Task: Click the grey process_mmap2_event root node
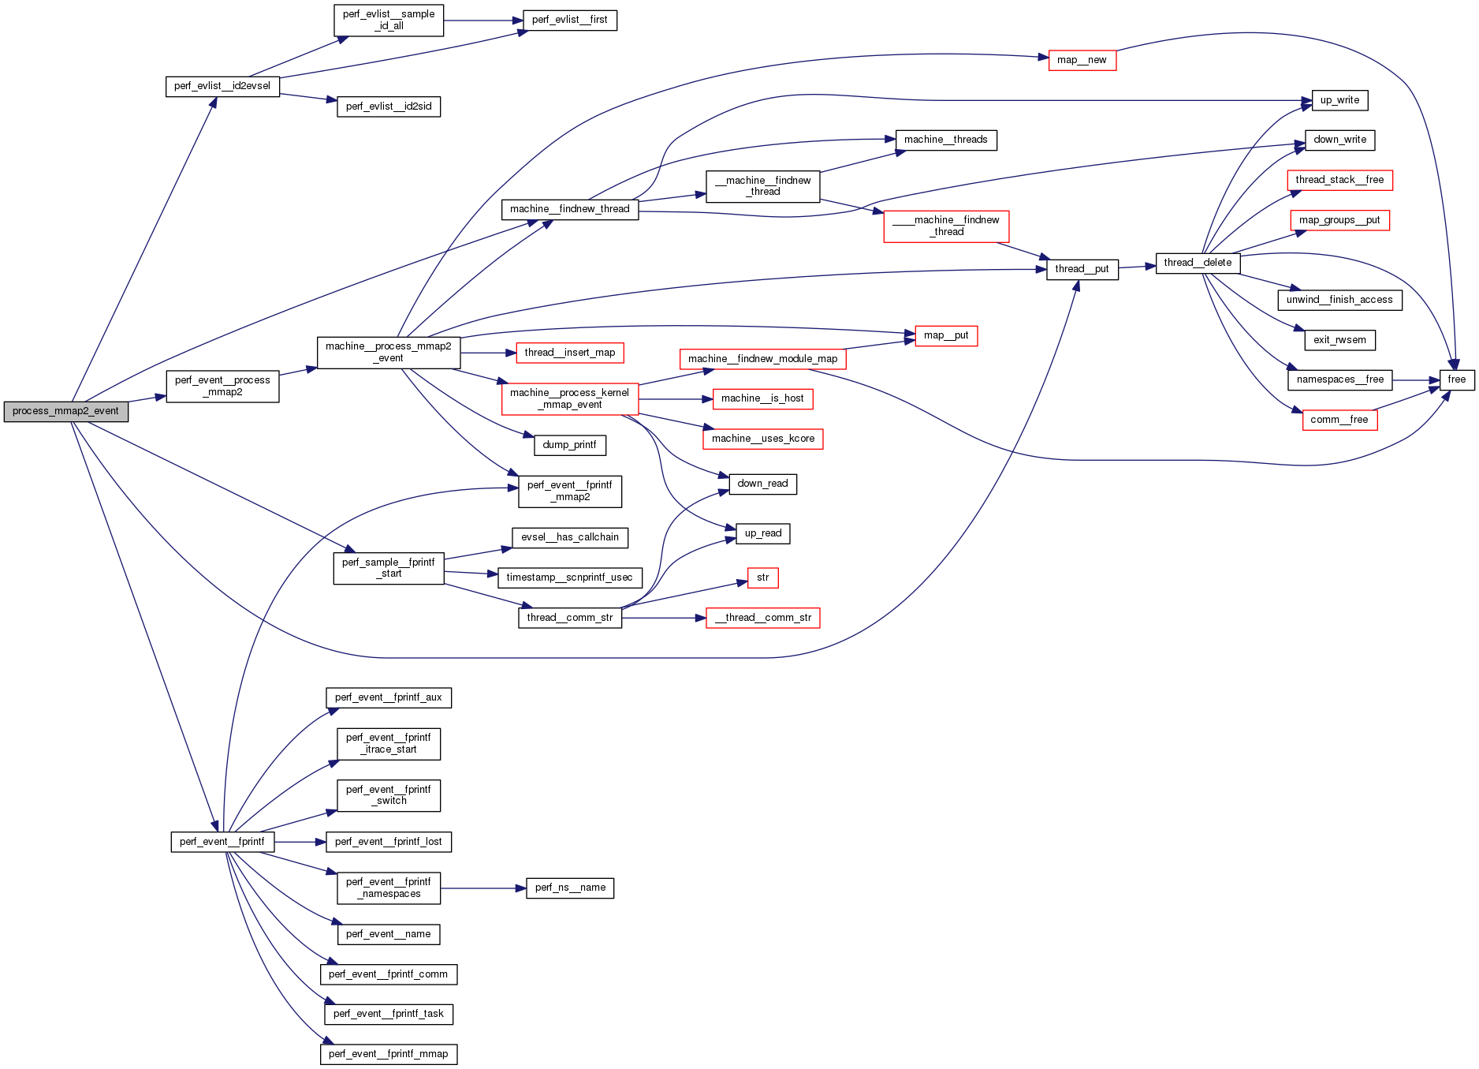[65, 411]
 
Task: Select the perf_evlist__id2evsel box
[222, 86]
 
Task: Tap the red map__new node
[1082, 60]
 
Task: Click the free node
[1456, 380]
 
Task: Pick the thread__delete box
[1198, 263]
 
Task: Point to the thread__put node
[1082, 269]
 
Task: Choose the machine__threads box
[945, 140]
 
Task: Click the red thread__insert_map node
[569, 353]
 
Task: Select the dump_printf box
[569, 445]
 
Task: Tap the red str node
[762, 577]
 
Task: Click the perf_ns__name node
[569, 888]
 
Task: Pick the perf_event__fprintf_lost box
[388, 842]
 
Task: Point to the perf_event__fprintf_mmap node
[388, 1054]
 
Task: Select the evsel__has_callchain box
[569, 537]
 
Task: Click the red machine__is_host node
[762, 398]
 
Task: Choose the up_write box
[1339, 100]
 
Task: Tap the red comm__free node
[1339, 420]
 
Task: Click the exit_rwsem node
[1339, 340]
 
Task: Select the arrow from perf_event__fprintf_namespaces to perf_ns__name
[482, 888]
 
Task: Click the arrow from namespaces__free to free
[1416, 380]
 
